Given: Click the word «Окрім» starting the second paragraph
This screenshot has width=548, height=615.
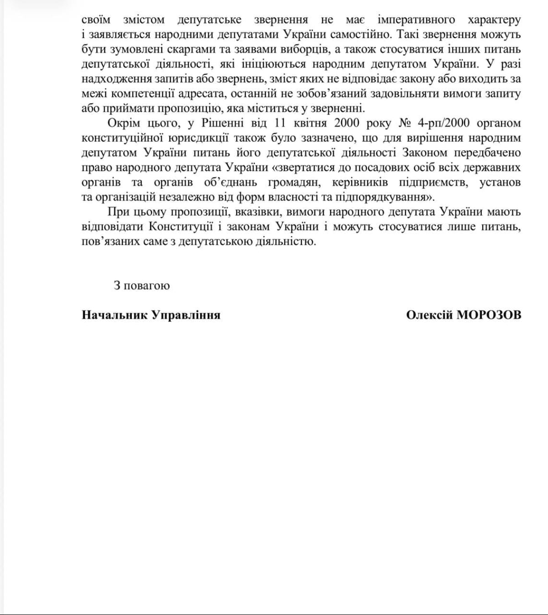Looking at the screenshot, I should (x=122, y=123).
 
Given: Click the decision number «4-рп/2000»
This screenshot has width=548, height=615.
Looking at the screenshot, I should (x=445, y=123).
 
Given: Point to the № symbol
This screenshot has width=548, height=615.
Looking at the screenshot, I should (x=405, y=123).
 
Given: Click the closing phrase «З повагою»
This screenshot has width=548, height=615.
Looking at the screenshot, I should (x=142, y=286).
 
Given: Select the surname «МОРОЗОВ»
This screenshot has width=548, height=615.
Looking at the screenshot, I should (x=489, y=315).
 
